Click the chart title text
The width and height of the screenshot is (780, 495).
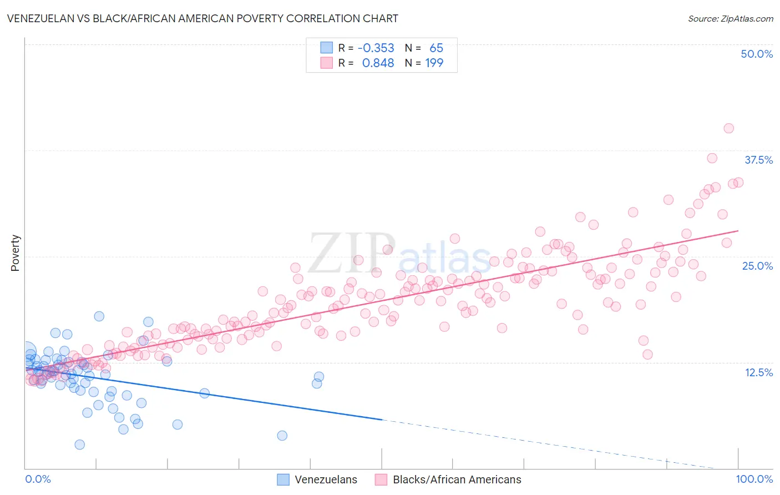tap(202, 18)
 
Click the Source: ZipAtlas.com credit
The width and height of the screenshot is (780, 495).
tap(730, 18)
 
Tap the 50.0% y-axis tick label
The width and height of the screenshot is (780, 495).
tap(757, 54)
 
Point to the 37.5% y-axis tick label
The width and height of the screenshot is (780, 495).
tap(758, 160)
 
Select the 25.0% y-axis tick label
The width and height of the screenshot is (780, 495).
tap(757, 266)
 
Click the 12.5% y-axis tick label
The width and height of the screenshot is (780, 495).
tap(758, 372)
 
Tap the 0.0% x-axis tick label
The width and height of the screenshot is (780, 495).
tap(38, 479)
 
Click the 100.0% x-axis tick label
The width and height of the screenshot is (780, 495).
tap(754, 479)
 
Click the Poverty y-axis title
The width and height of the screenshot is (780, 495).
tap(15, 252)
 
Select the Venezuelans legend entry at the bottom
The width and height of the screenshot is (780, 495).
tap(326, 479)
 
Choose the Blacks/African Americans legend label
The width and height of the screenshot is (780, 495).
tap(457, 479)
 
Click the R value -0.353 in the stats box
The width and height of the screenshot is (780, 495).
tap(376, 48)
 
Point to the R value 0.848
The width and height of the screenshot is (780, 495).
tap(378, 63)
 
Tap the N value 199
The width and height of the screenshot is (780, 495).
tap(434, 63)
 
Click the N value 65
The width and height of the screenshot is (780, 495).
tap(436, 48)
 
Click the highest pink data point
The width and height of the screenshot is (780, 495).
tap(728, 128)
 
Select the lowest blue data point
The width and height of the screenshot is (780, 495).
tap(79, 445)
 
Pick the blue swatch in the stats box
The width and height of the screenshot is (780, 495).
tap(326, 48)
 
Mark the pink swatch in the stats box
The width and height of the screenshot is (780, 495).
tap(326, 63)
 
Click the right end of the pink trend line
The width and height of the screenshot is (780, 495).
tap(738, 230)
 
